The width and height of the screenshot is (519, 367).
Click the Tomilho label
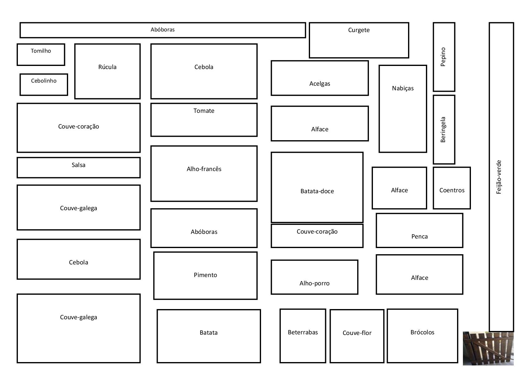point(41,51)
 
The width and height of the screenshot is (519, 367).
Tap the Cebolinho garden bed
point(44,84)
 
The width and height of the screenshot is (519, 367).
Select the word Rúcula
point(107,67)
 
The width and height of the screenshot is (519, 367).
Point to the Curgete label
point(359,30)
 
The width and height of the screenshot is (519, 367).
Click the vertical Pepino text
point(443,57)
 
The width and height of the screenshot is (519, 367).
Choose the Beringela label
point(443,129)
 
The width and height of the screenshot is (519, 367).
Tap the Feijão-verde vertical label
point(499,177)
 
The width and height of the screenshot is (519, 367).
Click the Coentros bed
point(452,188)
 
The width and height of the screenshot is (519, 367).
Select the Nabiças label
point(403,88)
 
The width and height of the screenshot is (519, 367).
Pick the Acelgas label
point(320,84)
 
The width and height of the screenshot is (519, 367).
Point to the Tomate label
point(204,111)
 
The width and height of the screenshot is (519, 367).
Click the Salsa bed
point(79,168)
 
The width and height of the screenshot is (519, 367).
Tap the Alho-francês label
point(204,169)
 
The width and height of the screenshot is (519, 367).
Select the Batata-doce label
point(317,191)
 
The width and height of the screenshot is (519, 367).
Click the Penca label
point(419,236)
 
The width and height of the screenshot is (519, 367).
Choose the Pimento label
point(205,275)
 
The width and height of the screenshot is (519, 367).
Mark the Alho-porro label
point(314,283)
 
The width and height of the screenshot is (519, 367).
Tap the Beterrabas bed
point(303,336)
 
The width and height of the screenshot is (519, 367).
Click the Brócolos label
point(423,332)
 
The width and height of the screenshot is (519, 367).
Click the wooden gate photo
point(488,349)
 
